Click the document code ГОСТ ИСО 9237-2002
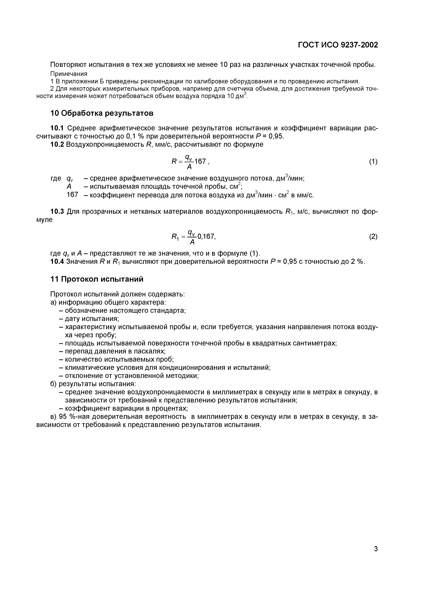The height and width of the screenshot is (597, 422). coord(338,45)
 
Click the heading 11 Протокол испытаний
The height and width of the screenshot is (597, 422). coord(97,279)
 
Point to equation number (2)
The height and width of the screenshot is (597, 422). coord(373,236)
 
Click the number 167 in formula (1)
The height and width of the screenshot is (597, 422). coord(200,162)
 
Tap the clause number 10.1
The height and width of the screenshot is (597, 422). coord(57,128)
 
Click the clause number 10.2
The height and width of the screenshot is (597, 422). coord(57,144)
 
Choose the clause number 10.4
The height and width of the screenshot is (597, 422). coord(57,261)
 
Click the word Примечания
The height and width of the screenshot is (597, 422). coord(69,74)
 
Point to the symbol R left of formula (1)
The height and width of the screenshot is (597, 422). coord(174,162)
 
